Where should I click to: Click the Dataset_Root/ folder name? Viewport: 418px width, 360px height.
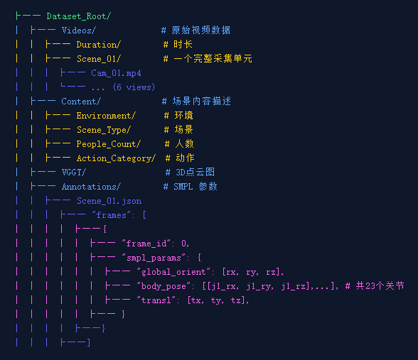coord(79,16)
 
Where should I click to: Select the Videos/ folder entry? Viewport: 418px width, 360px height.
coord(78,31)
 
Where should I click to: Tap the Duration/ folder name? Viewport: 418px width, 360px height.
coord(99,45)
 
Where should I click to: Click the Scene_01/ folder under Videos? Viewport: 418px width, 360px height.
coord(99,58)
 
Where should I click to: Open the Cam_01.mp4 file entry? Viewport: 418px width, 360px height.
coord(116,73)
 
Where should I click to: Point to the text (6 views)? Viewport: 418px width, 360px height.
coord(134,87)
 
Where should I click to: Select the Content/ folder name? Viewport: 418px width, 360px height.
coord(81,102)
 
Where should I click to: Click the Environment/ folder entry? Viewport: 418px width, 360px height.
coord(106,116)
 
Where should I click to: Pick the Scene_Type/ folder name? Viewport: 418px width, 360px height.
coord(104,130)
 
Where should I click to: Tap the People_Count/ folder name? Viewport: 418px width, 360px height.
coord(109,144)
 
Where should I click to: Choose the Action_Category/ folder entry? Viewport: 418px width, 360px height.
coord(116,158)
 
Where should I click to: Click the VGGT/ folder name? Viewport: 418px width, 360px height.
coord(74,173)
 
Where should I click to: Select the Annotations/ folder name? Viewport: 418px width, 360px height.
coord(91,187)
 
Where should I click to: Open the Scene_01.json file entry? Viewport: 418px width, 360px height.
coord(109,201)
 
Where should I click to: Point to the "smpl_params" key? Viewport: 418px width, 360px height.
coord(154,258)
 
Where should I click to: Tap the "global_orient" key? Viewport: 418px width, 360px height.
coord(173,272)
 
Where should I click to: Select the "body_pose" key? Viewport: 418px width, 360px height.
coord(164,286)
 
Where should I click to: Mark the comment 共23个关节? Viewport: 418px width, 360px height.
coord(380,286)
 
